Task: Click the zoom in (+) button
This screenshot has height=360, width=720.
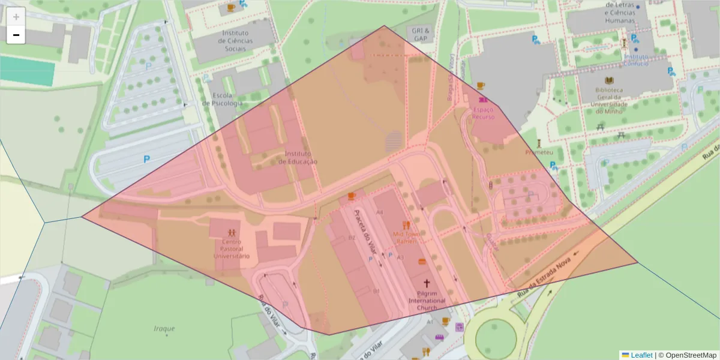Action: pyautogui.click(x=16, y=16)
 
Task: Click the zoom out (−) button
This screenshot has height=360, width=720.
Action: pyautogui.click(x=16, y=35)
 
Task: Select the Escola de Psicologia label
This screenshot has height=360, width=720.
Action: pyautogui.click(x=222, y=99)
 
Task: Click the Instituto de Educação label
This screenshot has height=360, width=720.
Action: pyautogui.click(x=298, y=157)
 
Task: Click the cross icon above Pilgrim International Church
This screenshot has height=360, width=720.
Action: pyautogui.click(x=427, y=283)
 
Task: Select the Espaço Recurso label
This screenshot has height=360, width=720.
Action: pyautogui.click(x=483, y=113)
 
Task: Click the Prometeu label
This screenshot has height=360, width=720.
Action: pyautogui.click(x=539, y=152)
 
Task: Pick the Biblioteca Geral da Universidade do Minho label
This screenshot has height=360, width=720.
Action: pyautogui.click(x=609, y=97)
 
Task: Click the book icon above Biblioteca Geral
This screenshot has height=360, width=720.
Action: pyautogui.click(x=609, y=80)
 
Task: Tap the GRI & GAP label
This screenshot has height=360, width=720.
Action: pyautogui.click(x=420, y=34)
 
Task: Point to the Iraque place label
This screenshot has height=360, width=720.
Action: pyautogui.click(x=164, y=328)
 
